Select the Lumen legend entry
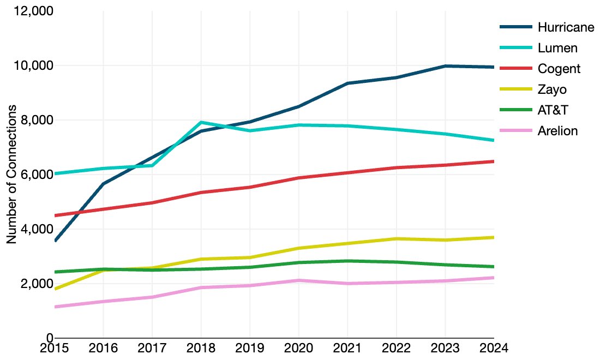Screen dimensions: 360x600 pyautogui.click(x=557, y=47)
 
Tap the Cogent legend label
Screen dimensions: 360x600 pyautogui.click(x=559, y=68)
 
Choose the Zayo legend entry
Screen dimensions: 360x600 pyautogui.click(x=552, y=89)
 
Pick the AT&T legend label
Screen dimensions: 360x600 pyautogui.click(x=553, y=110)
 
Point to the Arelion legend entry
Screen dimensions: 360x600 pyautogui.click(x=557, y=131)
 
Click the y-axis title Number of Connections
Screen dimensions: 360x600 pyautogui.click(x=11, y=174)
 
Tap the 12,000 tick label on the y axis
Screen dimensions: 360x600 pyautogui.click(x=31, y=11)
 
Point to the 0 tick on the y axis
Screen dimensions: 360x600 pyautogui.click(x=49, y=338)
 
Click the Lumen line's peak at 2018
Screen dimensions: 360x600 pyautogui.click(x=201, y=122)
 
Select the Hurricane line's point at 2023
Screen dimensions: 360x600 pyautogui.click(x=445, y=66)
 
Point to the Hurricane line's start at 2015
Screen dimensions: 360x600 pyautogui.click(x=55, y=241)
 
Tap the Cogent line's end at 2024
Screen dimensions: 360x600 pyautogui.click(x=493, y=161)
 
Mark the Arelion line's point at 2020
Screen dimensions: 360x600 pyautogui.click(x=298, y=280)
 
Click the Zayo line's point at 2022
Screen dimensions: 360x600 pyautogui.click(x=395, y=239)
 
